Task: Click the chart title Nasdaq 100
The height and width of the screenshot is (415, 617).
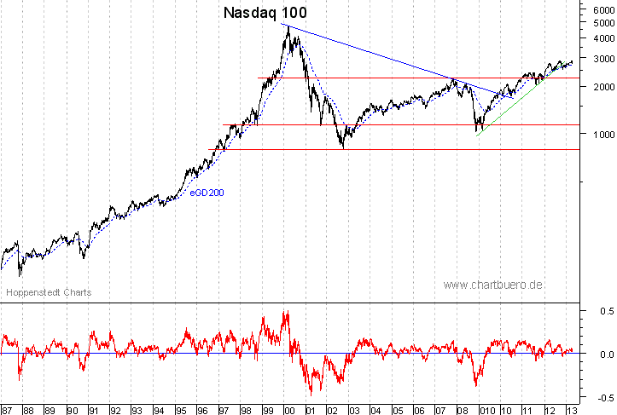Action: click(265, 13)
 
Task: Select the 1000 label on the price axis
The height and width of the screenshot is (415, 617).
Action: click(601, 134)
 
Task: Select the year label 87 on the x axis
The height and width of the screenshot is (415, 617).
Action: click(8, 409)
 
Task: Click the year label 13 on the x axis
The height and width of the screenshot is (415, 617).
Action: click(569, 409)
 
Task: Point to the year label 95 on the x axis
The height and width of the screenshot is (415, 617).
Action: click(180, 409)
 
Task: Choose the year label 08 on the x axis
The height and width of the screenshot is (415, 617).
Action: click(461, 409)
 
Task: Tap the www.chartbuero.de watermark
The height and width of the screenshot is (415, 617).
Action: click(493, 285)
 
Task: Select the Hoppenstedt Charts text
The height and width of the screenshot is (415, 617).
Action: click(49, 292)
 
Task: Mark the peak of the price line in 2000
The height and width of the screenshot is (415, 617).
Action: click(288, 26)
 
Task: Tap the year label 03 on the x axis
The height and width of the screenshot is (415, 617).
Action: click(352, 409)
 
